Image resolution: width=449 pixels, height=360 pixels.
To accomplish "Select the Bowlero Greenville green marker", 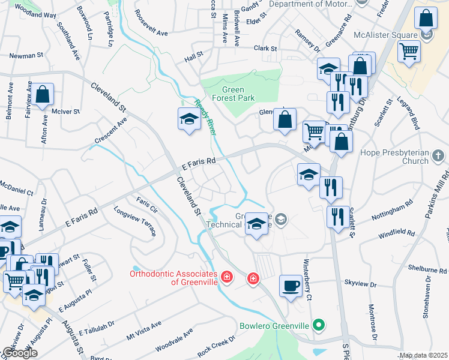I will (x=319, y=326).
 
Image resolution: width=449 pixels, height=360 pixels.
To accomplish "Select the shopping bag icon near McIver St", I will (x=42, y=95).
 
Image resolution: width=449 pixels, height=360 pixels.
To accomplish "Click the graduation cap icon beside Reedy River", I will (x=188, y=119).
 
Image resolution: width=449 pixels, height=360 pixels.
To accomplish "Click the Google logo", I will (x=19, y=353).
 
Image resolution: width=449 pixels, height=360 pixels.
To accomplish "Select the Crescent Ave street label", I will (x=110, y=130).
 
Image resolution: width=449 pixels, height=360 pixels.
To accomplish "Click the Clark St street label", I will (x=265, y=47).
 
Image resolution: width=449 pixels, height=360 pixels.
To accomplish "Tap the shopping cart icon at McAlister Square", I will (x=409, y=52).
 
